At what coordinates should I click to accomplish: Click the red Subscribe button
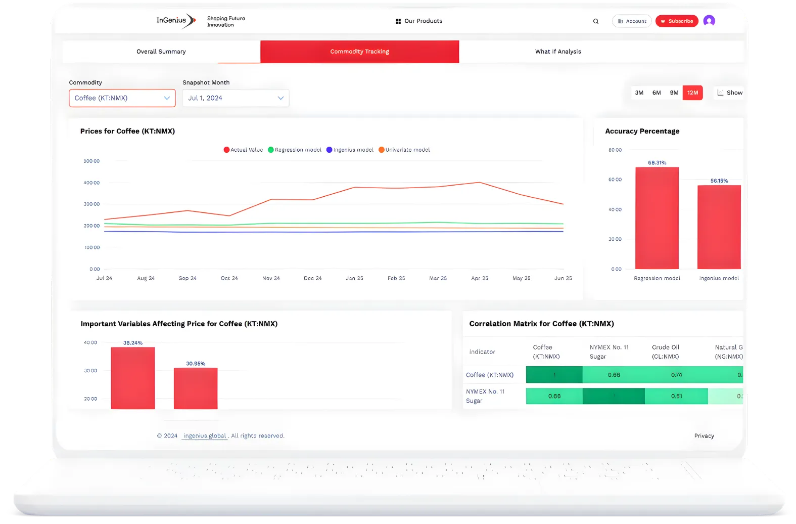tap(677, 21)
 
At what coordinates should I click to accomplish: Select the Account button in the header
tap(632, 21)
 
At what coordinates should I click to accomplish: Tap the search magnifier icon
tap(596, 21)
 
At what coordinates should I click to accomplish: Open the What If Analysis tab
tap(558, 52)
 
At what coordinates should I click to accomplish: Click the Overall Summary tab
tap(161, 52)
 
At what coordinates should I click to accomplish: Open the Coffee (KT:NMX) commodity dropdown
tap(122, 98)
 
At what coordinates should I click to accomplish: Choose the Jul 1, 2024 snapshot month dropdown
tap(236, 98)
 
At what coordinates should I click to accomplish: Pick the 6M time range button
tap(657, 93)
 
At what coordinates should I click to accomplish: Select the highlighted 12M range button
tap(692, 93)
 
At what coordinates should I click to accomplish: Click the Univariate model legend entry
tap(404, 150)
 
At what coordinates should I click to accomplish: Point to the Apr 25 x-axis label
tap(480, 278)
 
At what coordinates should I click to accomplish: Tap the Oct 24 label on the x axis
tap(229, 278)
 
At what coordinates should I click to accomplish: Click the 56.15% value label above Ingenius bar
tap(719, 181)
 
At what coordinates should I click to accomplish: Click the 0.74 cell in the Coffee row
tap(676, 375)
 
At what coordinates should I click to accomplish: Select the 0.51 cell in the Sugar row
tap(676, 396)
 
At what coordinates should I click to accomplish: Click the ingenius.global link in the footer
tap(205, 435)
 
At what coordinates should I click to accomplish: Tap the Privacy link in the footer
tap(704, 435)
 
